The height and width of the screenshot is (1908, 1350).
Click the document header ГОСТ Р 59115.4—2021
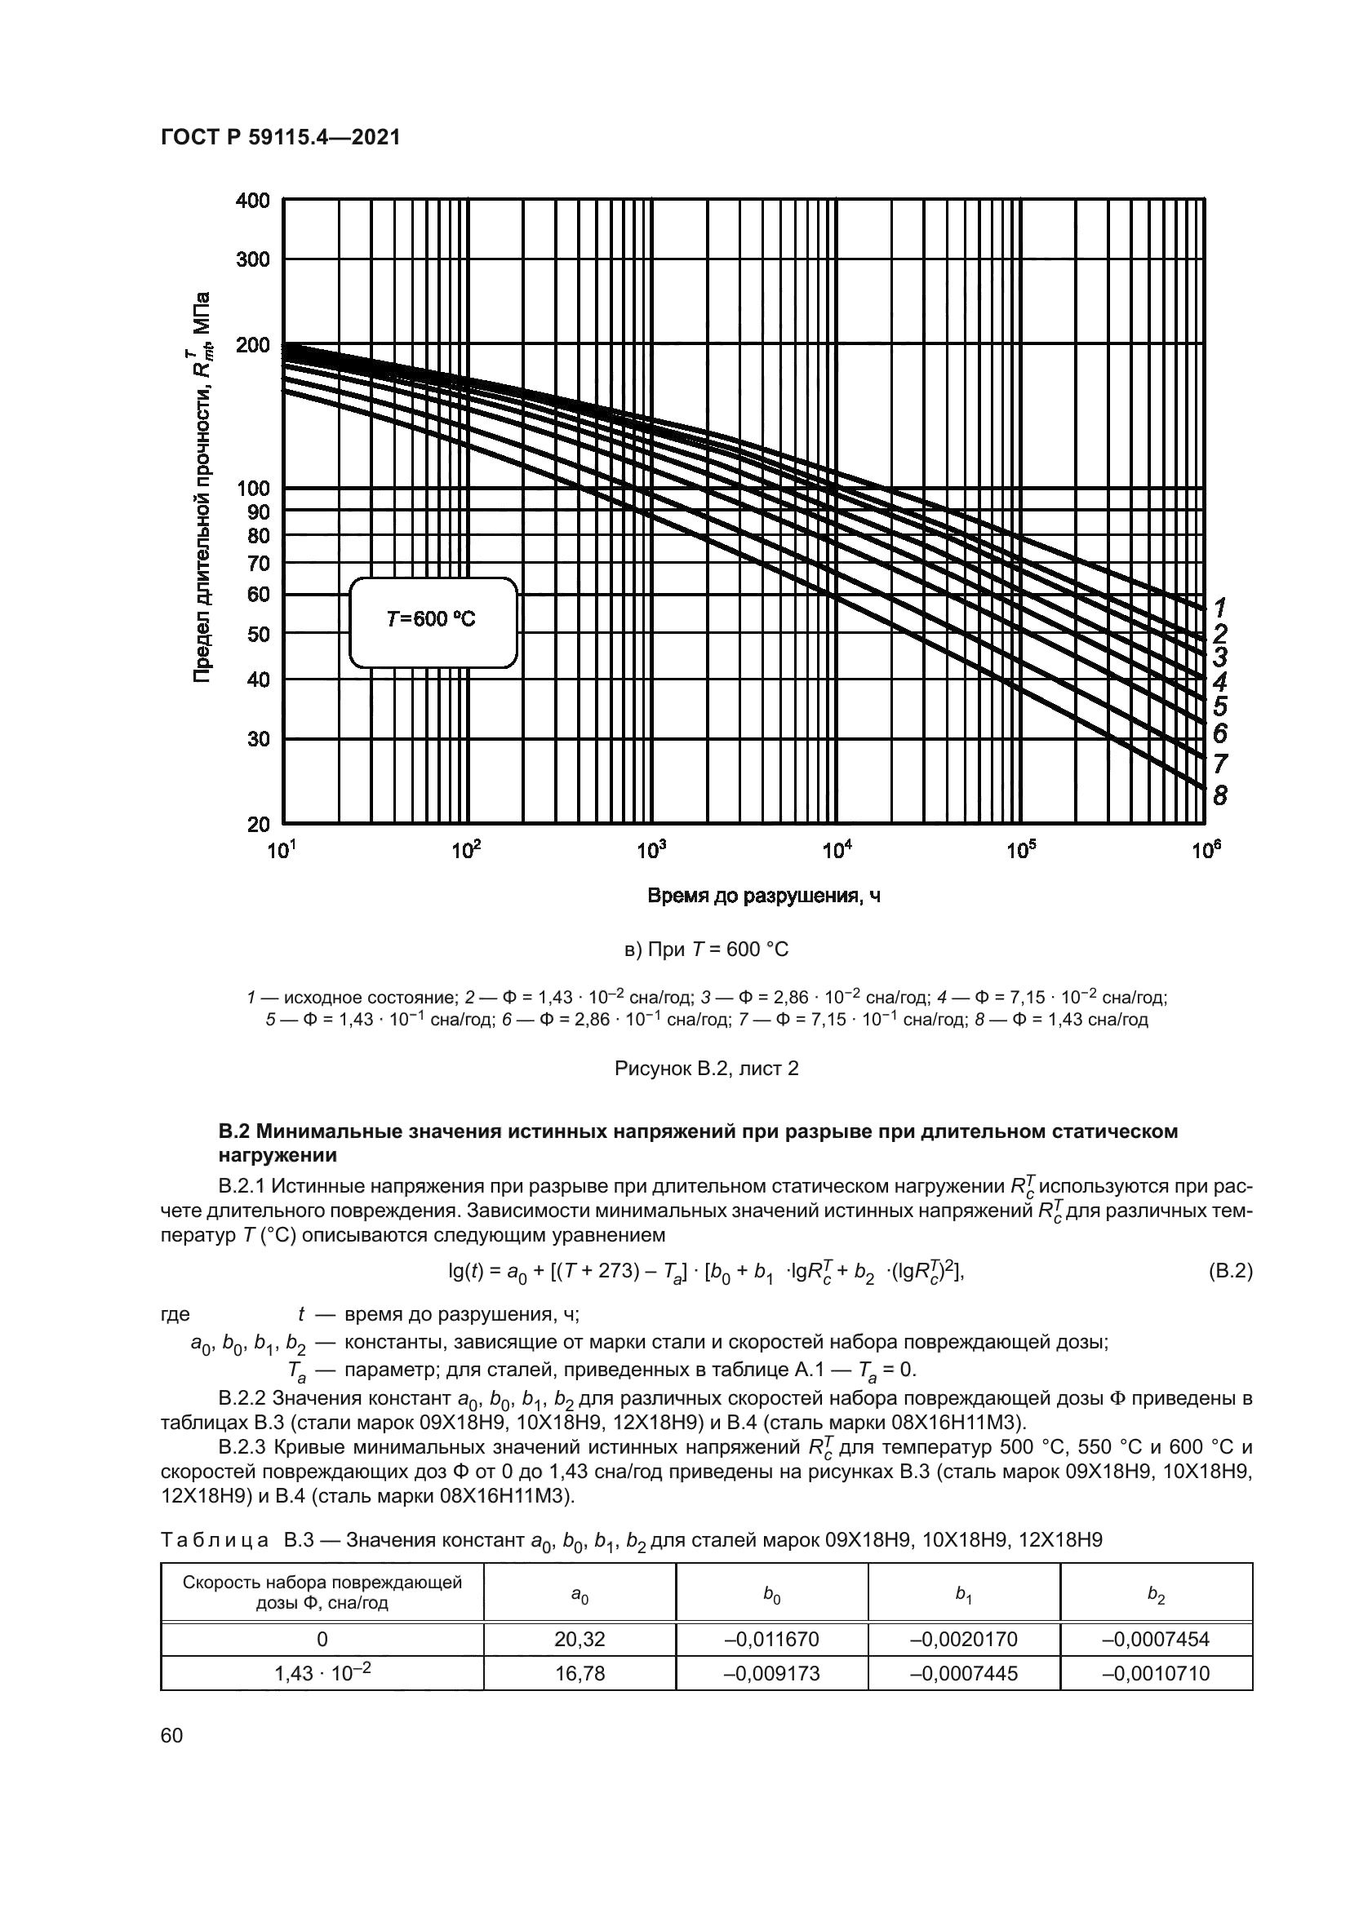tap(280, 138)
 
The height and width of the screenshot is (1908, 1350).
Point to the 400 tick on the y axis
tap(253, 201)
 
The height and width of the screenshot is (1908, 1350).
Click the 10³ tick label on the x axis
tap(651, 850)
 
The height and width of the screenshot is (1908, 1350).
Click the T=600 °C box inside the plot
tap(433, 622)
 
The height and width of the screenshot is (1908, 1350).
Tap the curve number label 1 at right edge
tap(1219, 607)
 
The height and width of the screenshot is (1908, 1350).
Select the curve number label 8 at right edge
tap(1219, 795)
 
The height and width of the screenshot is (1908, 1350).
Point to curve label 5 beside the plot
tap(1219, 706)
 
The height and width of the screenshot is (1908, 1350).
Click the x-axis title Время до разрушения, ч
tap(763, 896)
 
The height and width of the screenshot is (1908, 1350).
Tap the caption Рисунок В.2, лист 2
tap(706, 1069)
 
